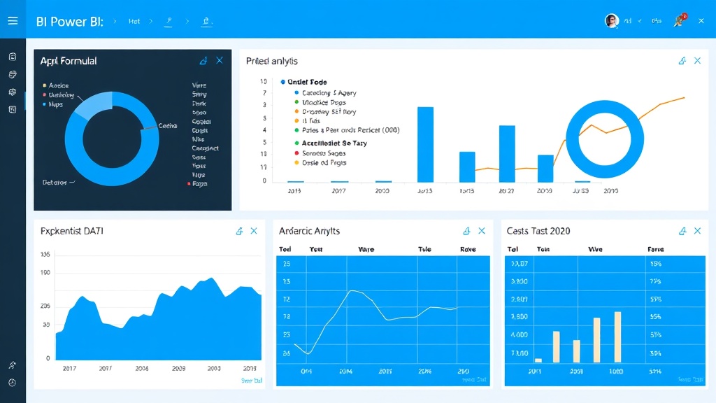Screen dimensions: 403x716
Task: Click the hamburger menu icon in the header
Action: tap(13, 21)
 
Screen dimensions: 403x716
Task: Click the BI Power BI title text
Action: tap(69, 21)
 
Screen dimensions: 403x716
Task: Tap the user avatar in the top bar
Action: tap(612, 21)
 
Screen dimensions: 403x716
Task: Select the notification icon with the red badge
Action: tap(678, 20)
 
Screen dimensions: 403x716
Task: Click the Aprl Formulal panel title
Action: tap(69, 61)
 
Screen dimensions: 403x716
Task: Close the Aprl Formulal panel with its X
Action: tap(220, 61)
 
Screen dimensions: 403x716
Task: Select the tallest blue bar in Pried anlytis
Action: tap(425, 144)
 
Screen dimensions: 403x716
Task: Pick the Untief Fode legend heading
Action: tap(307, 82)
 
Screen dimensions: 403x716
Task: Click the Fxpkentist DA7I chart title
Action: tap(72, 231)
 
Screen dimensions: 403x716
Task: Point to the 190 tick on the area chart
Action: tap(46, 273)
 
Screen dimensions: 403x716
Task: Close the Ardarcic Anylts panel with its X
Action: tap(482, 231)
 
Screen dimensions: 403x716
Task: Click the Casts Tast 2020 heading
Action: tap(538, 231)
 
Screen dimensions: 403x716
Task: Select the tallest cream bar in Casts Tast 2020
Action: tap(617, 337)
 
